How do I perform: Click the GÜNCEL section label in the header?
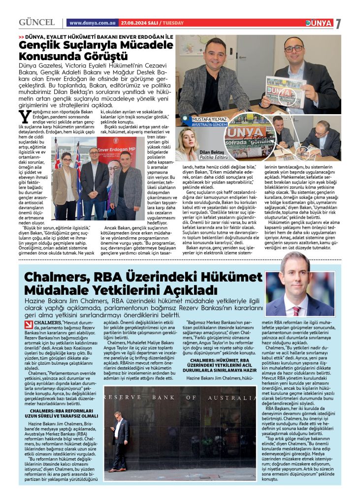36,23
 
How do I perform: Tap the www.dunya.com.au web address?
92,23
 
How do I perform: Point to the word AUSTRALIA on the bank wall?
232,397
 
